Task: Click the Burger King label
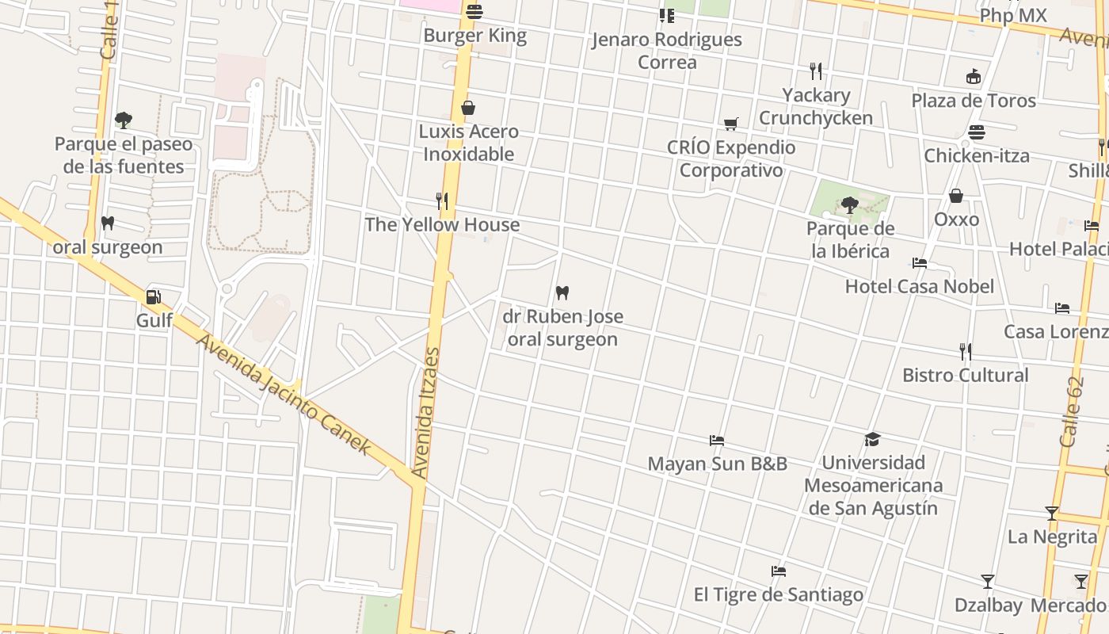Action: click(474, 36)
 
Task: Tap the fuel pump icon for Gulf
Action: click(154, 297)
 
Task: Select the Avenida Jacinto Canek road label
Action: click(283, 394)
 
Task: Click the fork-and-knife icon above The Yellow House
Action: click(442, 201)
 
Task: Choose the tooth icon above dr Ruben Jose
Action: click(562, 293)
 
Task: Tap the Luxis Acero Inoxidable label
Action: click(469, 143)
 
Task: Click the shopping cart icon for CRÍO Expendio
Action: click(730, 124)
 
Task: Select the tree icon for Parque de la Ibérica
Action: click(850, 206)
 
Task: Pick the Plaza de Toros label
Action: click(974, 101)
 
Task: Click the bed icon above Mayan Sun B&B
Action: click(717, 441)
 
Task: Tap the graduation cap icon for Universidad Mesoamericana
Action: click(872, 439)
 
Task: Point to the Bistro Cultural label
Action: click(966, 375)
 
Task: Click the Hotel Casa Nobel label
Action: click(919, 286)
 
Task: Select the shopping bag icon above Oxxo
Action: click(956, 196)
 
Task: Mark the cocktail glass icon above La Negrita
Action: click(1052, 514)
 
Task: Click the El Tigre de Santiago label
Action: click(779, 594)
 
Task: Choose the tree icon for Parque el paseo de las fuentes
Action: click(123, 120)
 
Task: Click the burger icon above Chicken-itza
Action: click(977, 132)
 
